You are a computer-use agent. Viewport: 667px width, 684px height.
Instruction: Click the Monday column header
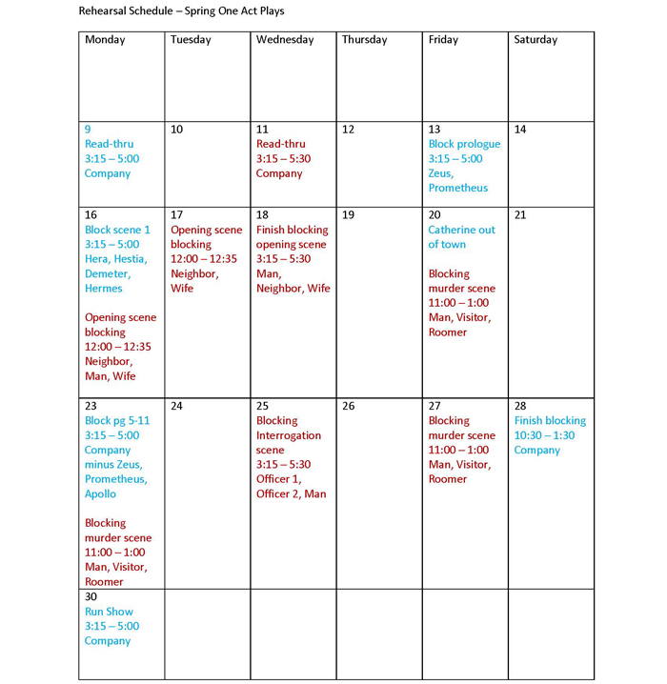click(x=105, y=40)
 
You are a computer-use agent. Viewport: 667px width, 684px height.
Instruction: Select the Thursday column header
click(x=364, y=40)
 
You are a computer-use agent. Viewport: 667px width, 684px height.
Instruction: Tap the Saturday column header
click(x=536, y=40)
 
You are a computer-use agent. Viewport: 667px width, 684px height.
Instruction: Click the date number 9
click(x=89, y=130)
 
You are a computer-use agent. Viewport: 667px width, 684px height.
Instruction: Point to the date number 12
click(x=348, y=130)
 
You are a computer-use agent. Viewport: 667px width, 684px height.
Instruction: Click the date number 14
click(x=520, y=130)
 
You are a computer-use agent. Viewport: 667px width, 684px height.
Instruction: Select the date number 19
click(x=348, y=215)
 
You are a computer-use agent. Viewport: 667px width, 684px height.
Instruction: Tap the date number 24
click(x=176, y=406)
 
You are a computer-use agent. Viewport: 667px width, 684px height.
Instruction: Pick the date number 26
click(x=348, y=406)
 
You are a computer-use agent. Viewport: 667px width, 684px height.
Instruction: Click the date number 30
click(x=91, y=597)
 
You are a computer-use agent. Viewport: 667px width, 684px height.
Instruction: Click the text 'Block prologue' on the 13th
click(x=464, y=144)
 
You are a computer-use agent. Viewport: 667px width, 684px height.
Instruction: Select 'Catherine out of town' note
click(x=461, y=237)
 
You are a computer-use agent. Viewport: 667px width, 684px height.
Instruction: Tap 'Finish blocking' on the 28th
click(x=550, y=421)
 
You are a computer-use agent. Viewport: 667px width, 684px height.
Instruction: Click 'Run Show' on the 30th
click(x=109, y=612)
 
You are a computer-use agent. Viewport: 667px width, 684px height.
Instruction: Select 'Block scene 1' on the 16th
click(x=117, y=230)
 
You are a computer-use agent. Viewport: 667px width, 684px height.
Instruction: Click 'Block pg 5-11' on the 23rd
click(x=117, y=421)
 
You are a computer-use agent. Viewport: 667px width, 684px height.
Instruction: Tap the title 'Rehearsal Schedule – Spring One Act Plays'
click(x=181, y=11)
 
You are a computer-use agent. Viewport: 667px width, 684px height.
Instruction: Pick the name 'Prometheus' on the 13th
click(x=457, y=188)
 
